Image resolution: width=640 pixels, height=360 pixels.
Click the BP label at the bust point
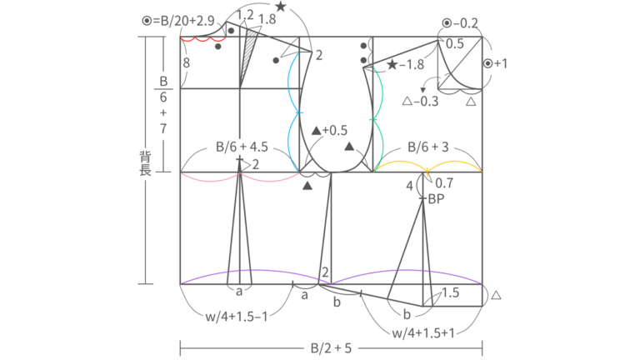coord(436,199)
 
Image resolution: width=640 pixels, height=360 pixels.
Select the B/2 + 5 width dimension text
coord(331,348)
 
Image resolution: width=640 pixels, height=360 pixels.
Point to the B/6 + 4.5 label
coord(242,147)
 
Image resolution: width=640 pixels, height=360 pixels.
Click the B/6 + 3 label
coord(428,147)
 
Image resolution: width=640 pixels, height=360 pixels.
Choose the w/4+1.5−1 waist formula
coord(237,317)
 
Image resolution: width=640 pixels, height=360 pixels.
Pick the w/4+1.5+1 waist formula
coord(423,333)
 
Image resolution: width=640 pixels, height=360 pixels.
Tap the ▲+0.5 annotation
coord(329,131)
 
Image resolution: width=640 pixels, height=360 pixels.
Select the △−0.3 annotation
coord(420,101)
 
